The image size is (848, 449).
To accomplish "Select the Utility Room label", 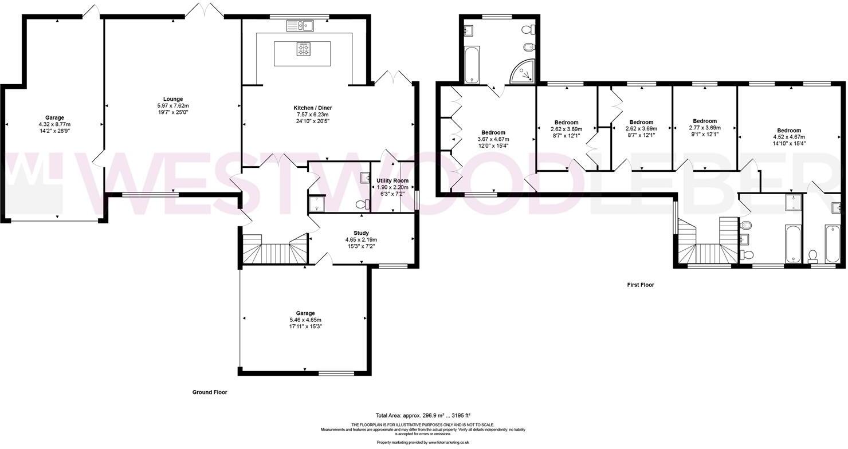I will [392, 180].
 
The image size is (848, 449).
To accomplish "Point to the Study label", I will [361, 233].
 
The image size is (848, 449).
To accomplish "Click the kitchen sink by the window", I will [300, 25].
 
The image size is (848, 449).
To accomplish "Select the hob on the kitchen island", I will [303, 50].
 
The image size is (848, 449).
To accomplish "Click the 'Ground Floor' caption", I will [210, 393].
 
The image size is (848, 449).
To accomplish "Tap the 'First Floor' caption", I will [639, 285].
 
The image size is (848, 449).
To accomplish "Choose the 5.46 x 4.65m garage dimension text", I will [305, 320].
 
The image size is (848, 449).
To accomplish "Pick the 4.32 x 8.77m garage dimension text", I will [55, 124].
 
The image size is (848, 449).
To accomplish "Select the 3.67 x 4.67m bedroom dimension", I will [493, 139].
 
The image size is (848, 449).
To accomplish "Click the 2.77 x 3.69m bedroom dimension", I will [705, 128].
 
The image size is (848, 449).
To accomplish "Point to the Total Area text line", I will [423, 415].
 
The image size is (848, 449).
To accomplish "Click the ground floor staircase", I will [274, 250].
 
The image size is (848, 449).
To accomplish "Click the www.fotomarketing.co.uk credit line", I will [423, 442].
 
